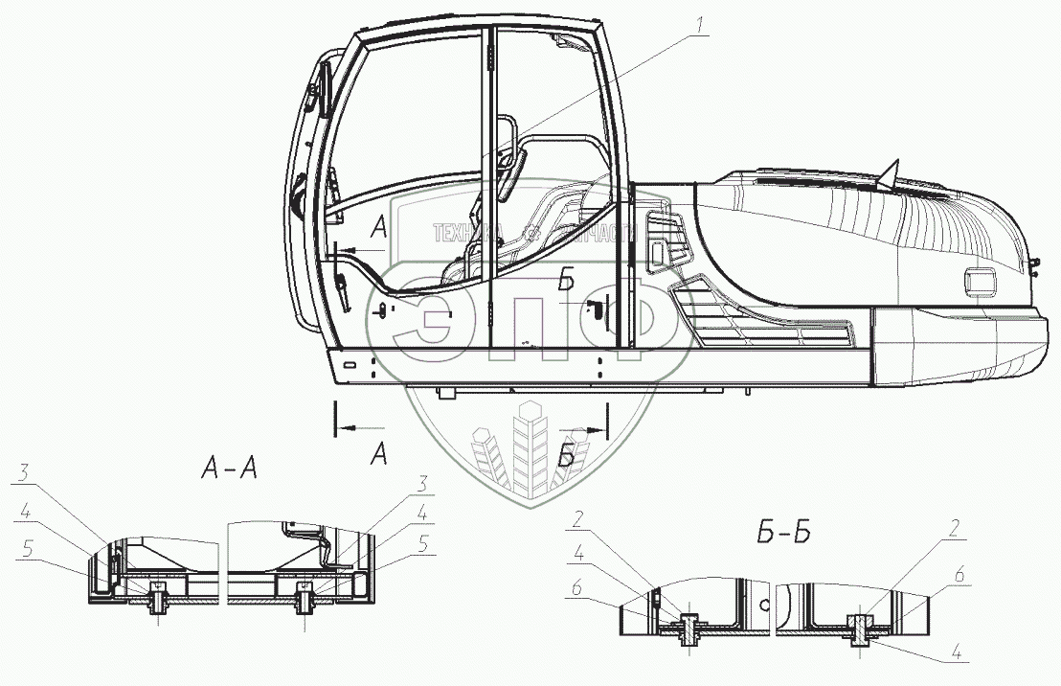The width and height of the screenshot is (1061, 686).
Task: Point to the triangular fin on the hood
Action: coord(889,173)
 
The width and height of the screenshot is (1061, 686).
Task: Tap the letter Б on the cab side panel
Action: coord(567,281)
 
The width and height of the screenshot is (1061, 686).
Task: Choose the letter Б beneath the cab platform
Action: coord(567,457)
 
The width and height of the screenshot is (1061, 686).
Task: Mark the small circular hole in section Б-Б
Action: coord(764,606)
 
